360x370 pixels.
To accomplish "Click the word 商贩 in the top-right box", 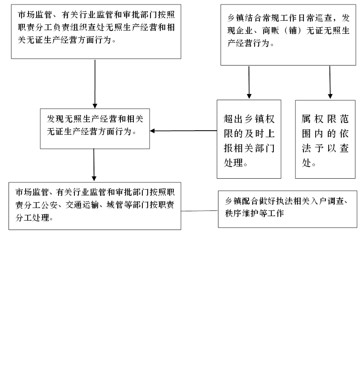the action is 271,31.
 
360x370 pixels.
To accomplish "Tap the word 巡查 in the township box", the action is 323,18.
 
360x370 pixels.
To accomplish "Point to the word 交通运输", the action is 82,205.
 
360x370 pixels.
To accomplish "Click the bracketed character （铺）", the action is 293,31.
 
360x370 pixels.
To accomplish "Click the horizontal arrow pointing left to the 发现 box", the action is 183,131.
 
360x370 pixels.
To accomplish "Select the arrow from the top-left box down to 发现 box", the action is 95,84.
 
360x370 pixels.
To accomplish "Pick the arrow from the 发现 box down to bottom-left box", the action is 94,165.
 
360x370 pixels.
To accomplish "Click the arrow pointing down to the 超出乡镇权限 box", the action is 249,82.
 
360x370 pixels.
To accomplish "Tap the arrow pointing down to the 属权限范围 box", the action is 330,82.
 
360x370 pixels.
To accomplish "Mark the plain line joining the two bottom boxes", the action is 199,211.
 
